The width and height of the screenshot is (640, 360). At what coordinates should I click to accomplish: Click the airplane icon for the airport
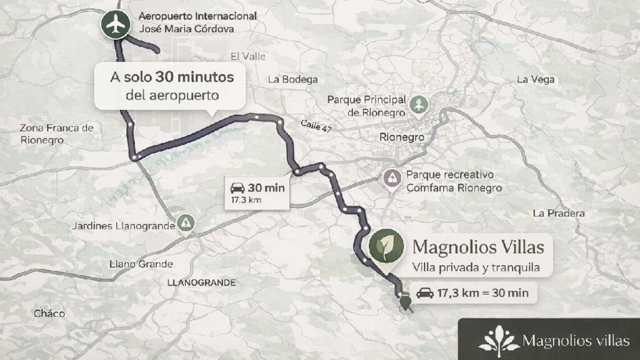coord(113,24)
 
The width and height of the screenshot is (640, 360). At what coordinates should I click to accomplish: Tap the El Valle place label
coord(248,56)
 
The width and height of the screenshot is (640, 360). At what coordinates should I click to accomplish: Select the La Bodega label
coord(292,79)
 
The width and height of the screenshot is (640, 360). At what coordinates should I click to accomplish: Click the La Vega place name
coord(536,79)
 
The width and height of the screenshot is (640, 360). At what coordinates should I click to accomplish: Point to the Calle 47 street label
coord(316,126)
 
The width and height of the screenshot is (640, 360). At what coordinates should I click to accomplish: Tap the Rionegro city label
coord(402,137)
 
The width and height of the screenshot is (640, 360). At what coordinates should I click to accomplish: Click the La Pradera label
coord(559,213)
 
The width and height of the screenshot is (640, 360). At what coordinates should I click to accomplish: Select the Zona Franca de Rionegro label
coord(56,134)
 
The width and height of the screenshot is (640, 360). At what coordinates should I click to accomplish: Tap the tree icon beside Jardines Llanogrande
coord(186,222)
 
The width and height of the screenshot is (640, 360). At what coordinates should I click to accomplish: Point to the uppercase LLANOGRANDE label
coord(201,282)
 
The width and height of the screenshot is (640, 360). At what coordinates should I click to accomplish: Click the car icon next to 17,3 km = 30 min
coord(425,292)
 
